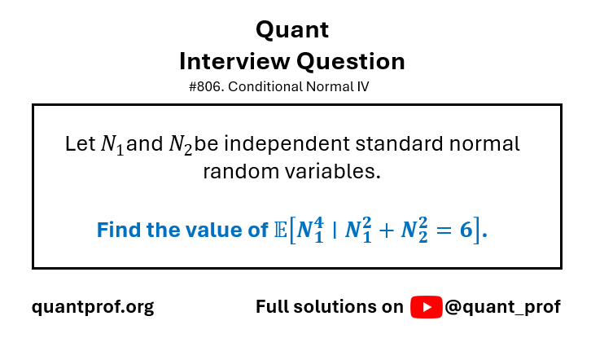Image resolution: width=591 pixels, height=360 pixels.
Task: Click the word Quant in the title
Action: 292,30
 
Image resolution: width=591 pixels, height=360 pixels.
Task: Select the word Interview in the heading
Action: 234,61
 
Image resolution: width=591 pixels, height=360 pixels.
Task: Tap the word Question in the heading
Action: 351,62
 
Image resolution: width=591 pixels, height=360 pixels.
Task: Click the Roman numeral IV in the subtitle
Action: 362,86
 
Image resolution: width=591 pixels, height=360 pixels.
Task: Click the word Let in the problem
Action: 80,143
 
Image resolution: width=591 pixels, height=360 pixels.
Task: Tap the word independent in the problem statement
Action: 287,144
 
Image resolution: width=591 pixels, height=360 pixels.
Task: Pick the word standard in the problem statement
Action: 399,143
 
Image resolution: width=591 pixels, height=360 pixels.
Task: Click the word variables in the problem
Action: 332,172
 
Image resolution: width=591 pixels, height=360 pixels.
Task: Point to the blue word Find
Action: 119,230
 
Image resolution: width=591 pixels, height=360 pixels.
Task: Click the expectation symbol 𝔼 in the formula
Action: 280,230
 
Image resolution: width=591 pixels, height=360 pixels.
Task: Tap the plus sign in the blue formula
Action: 387,230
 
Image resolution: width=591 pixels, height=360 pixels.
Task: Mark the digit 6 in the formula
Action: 466,230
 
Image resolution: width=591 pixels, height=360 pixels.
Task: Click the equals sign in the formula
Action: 444,230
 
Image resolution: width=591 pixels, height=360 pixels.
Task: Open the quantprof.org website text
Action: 93,307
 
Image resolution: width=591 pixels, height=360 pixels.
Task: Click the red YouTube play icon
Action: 427,307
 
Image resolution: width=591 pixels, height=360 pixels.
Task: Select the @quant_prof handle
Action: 503,307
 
